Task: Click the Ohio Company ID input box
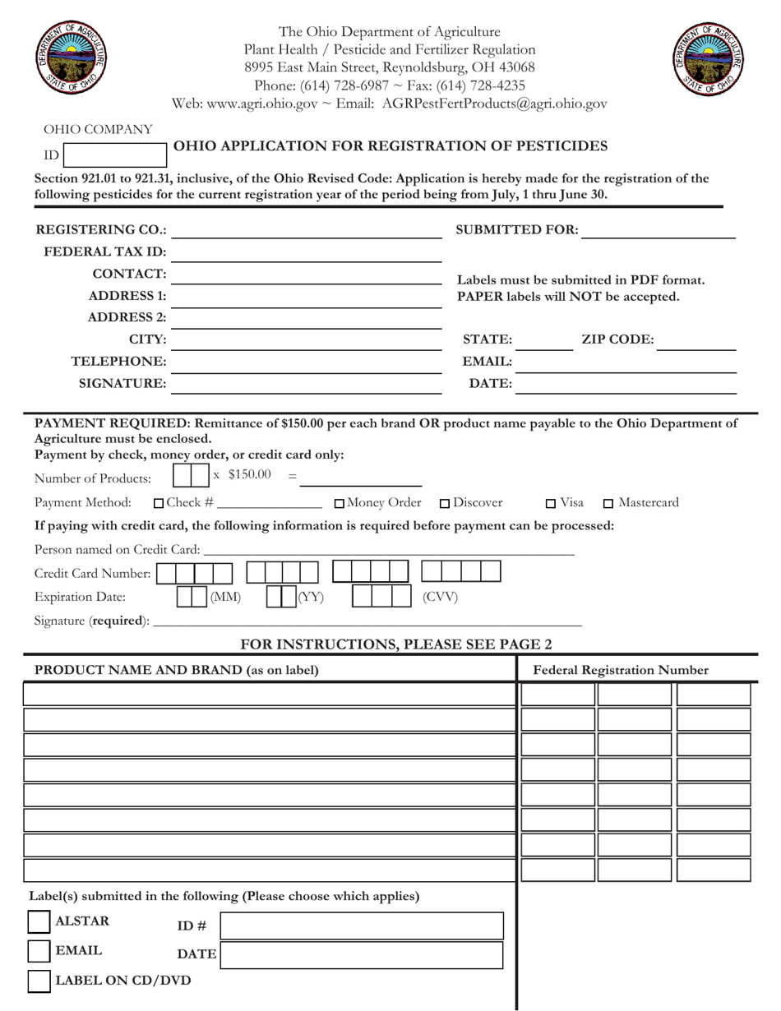(114, 155)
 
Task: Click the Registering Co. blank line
(307, 230)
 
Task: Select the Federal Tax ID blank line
(307, 252)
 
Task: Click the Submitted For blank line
(658, 230)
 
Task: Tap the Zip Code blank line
(696, 340)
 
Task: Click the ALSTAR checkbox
(39, 921)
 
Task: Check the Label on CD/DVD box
(39, 981)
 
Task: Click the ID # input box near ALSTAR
(362, 926)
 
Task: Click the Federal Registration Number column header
(621, 670)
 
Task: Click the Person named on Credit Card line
(386, 549)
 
